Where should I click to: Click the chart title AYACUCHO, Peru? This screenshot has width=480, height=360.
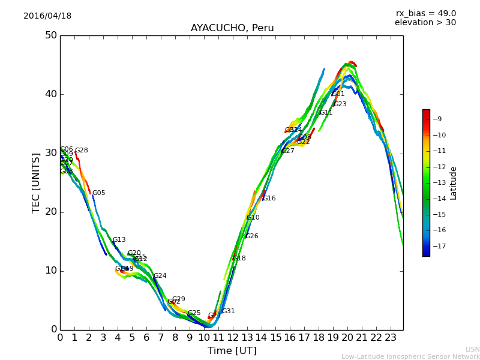tap(232, 28)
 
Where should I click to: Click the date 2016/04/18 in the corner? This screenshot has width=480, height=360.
tap(47, 16)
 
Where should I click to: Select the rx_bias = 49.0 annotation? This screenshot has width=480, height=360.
tap(426, 14)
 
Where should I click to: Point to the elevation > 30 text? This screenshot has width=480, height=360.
tap(425, 23)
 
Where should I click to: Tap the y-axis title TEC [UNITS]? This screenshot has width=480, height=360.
tap(36, 182)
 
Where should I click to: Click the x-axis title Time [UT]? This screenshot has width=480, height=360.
tap(232, 351)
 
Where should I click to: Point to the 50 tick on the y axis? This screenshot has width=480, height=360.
tap(50, 35)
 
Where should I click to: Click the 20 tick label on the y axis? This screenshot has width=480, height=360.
tap(50, 212)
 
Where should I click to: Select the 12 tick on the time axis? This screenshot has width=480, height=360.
tap(232, 338)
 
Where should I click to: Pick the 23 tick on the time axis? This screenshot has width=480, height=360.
tap(391, 338)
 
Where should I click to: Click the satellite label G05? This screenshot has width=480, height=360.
tap(98, 193)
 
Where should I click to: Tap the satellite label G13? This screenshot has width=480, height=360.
tap(119, 240)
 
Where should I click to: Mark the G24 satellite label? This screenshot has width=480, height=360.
tap(160, 276)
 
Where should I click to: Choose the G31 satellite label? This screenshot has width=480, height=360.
tap(229, 311)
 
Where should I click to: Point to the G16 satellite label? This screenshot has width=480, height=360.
tap(269, 199)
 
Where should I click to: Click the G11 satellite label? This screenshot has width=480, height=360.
tap(326, 113)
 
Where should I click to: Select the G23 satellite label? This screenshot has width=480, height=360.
tap(340, 104)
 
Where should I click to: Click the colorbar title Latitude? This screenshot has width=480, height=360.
tap(454, 183)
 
